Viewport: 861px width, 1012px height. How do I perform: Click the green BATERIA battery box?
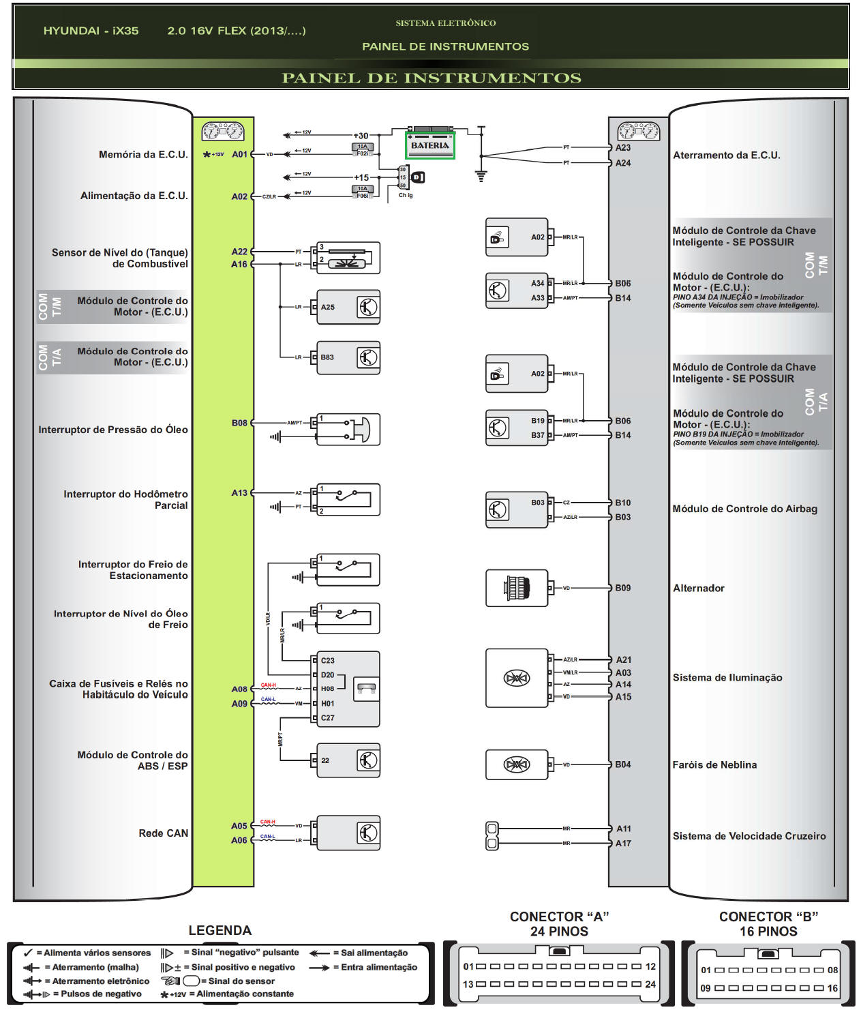(430, 145)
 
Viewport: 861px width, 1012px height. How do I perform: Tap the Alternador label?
(698, 588)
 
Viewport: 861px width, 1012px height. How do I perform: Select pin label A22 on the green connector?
(239, 252)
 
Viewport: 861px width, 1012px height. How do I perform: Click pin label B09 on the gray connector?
(622, 588)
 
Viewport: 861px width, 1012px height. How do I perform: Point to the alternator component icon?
(516, 588)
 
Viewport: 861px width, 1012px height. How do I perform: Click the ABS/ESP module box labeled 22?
(348, 760)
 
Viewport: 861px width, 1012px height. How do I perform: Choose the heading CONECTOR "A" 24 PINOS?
(559, 924)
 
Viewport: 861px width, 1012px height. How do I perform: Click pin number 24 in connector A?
(650, 984)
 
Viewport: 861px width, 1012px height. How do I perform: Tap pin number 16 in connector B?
(832, 988)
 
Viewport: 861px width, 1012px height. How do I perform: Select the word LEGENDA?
(220, 931)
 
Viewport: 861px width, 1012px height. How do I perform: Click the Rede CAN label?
(163, 833)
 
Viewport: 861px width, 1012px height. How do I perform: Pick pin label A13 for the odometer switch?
(239, 493)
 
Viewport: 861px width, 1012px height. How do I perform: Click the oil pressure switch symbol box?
(348, 430)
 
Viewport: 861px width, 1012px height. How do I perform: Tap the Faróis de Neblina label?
(714, 765)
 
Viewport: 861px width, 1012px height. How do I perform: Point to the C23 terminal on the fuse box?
(327, 660)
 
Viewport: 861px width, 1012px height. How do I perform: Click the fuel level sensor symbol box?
(348, 258)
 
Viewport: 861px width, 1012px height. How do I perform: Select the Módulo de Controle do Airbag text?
(744, 509)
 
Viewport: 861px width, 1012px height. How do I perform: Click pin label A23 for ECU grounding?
(622, 147)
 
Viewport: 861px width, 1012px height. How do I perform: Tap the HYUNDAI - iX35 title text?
(91, 31)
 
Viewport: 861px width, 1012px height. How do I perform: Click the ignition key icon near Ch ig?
(418, 177)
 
